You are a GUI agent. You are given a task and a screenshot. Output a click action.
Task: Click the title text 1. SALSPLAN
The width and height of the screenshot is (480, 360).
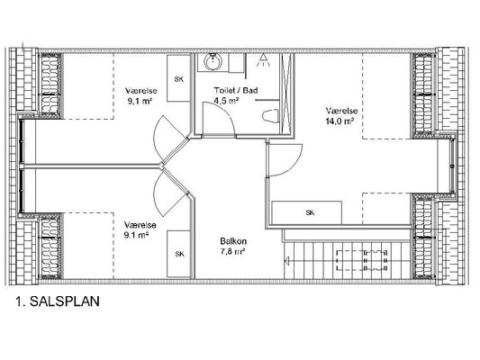58,301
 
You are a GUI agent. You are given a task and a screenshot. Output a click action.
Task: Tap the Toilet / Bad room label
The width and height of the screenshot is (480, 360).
236,90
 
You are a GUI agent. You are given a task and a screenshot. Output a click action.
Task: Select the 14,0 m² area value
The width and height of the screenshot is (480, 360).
340,121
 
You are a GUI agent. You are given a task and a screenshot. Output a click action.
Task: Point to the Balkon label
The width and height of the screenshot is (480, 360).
233,241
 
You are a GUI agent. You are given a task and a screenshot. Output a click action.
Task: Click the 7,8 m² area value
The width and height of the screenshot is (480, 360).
232,251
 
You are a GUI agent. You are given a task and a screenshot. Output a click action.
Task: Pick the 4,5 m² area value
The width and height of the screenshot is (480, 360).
226,101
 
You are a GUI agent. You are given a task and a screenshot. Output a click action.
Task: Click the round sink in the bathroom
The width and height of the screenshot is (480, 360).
213,62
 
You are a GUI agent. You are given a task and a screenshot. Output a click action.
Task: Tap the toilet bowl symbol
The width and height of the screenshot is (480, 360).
270,116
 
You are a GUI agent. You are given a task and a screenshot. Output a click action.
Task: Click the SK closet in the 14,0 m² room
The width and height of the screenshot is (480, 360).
307,212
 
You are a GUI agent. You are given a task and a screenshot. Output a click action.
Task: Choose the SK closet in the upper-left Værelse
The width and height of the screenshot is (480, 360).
178,78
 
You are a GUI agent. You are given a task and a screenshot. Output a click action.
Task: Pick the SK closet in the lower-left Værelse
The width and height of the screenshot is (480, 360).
179,254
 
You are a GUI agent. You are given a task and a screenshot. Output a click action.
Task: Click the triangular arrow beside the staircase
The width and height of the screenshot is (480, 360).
287,261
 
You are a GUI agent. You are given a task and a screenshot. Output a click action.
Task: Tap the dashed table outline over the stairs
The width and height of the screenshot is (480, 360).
362,260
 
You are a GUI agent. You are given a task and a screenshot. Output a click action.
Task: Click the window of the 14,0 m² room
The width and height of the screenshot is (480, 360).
452,166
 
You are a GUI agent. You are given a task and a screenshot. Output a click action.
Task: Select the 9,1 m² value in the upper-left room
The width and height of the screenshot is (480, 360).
140,101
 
